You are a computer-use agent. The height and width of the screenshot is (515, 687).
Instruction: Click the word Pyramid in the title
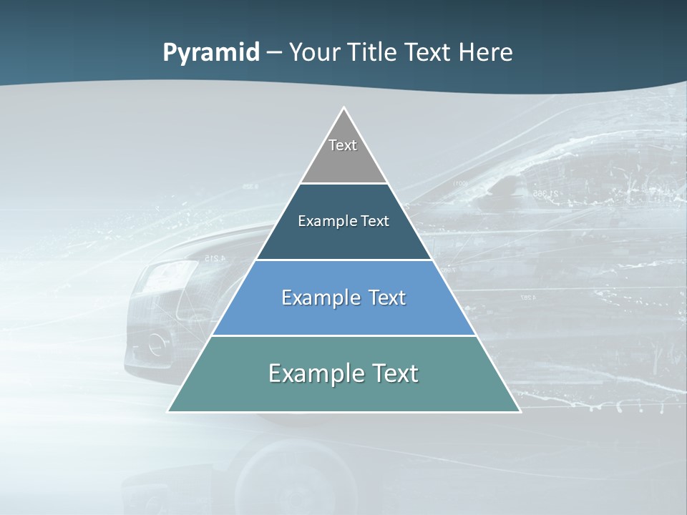point(211,53)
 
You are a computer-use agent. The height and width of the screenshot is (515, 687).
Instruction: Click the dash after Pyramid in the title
point(273,53)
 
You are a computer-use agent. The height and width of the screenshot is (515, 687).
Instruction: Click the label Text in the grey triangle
point(343,145)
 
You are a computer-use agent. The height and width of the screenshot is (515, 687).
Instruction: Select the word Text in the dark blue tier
point(375,221)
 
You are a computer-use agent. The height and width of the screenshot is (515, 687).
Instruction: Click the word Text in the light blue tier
point(386,298)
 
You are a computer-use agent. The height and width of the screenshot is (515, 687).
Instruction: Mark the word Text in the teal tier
point(394,373)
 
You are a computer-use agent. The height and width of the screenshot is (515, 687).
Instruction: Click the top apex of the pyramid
point(343,108)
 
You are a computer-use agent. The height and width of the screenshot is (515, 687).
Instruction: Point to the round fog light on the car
point(157,345)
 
